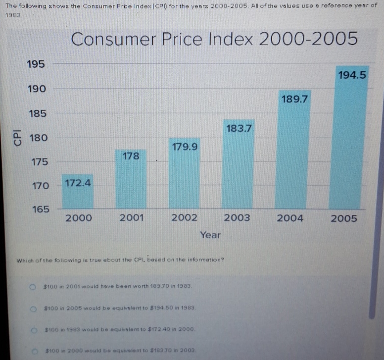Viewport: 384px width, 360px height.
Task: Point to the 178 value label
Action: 131,156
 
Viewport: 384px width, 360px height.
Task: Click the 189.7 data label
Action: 295,99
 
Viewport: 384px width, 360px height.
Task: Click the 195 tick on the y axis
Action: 36,64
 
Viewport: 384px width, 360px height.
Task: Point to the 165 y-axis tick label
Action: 41,209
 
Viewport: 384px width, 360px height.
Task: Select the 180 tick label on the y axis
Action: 39,138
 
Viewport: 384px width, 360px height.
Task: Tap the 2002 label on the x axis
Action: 184,218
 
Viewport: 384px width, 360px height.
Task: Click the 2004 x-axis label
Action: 290,218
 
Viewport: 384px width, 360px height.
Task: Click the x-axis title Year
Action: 211,235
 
